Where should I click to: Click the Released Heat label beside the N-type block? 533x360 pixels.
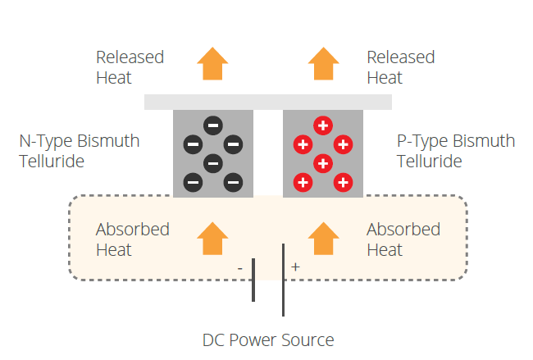tap(130, 67)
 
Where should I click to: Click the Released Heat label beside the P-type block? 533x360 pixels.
tap(401, 67)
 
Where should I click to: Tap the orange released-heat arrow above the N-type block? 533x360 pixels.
tap(212, 64)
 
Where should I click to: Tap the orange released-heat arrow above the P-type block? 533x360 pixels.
tap(324, 64)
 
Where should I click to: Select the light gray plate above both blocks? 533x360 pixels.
tap(268, 102)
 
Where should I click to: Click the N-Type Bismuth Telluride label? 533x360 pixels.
tap(80, 151)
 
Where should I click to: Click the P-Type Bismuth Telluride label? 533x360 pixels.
tap(456, 151)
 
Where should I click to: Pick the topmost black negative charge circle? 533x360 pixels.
tap(213, 125)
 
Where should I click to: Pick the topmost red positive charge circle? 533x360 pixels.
tap(323, 125)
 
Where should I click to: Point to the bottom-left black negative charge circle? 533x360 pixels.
tap(193, 182)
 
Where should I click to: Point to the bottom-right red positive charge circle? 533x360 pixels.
tap(343, 182)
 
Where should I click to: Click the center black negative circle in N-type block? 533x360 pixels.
tap(213, 163)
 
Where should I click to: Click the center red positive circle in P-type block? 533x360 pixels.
tap(323, 163)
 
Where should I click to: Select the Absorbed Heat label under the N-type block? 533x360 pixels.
tap(133, 239)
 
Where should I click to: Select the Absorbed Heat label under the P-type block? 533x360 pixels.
tap(403, 239)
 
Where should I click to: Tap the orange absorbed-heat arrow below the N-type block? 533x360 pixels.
tap(212, 239)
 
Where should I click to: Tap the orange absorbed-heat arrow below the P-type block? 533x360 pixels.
tap(324, 239)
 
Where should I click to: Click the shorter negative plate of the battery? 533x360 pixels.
tap(253, 280)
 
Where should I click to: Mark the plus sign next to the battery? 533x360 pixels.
tap(295, 267)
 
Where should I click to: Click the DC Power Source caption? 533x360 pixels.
tap(268, 340)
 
